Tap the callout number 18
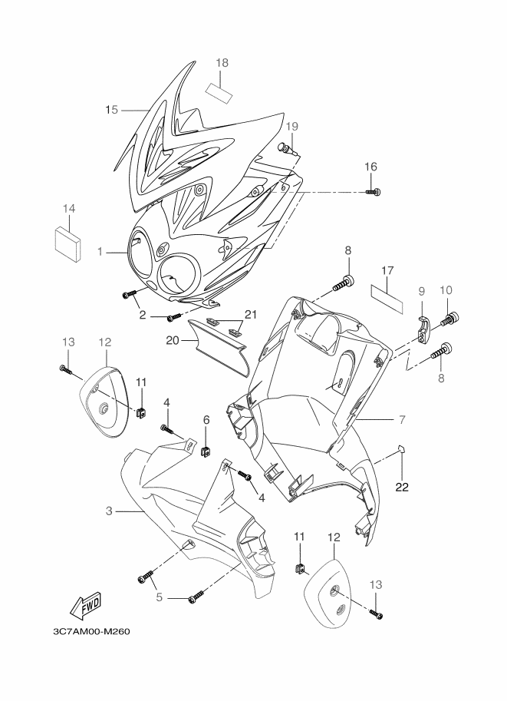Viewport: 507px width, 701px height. pyautogui.click(x=222, y=62)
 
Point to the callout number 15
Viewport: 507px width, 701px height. pyautogui.click(x=111, y=110)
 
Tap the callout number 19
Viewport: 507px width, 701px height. pyautogui.click(x=291, y=126)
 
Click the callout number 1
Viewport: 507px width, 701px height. pyautogui.click(x=100, y=251)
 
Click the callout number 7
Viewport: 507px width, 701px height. pyautogui.click(x=401, y=420)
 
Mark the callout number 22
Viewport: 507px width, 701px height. pyautogui.click(x=401, y=487)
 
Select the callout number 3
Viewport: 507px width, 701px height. pyautogui.click(x=110, y=511)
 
